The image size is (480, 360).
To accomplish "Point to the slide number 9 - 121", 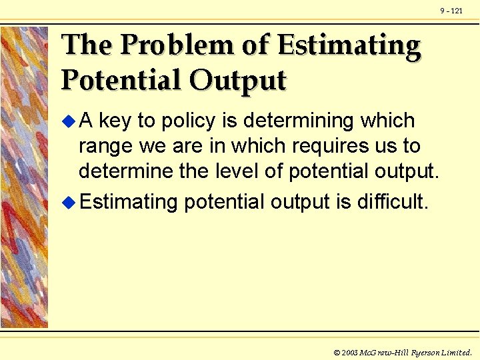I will point(451,11).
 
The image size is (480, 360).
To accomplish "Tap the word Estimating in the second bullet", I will point(129,201).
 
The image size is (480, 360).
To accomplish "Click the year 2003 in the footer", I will point(351,352).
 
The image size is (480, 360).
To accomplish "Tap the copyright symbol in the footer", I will point(336,352).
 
